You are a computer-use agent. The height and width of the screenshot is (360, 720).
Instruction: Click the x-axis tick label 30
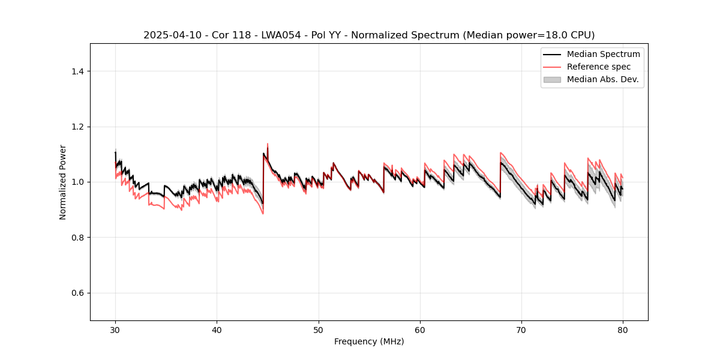(x=115, y=330)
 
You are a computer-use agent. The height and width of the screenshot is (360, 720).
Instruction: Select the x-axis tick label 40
(x=217, y=330)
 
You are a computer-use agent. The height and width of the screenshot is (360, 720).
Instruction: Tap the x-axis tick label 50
(x=319, y=330)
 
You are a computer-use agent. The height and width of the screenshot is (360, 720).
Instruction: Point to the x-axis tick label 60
(x=420, y=330)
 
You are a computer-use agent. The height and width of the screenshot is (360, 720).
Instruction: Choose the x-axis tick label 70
(x=521, y=330)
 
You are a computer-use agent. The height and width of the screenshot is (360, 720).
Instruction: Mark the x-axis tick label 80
(x=623, y=330)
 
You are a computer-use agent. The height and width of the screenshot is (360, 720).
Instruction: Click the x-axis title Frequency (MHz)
(x=369, y=341)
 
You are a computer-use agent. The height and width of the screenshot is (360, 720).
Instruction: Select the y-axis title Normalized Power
(x=63, y=182)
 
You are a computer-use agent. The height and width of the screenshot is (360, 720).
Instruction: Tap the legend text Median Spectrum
(x=603, y=54)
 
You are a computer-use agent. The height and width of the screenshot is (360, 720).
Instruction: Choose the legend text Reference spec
(x=599, y=67)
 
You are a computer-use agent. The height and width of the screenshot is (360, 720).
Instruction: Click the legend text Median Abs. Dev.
(x=602, y=79)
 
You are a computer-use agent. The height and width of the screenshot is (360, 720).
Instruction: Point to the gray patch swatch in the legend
(x=552, y=79)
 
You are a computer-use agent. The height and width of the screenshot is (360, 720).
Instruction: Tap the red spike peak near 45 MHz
(x=268, y=144)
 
